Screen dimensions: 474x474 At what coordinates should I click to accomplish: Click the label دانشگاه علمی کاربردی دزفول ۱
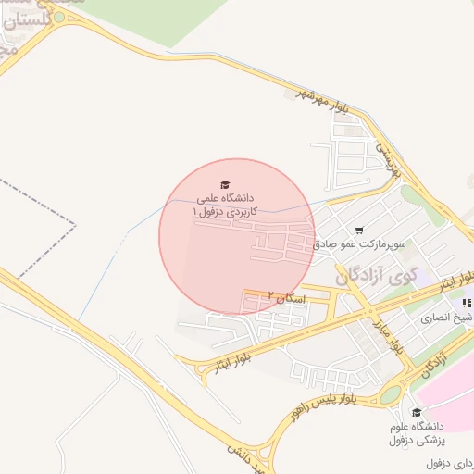(x=223, y=205)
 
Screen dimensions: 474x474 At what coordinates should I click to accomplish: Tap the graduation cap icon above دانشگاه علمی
(x=223, y=183)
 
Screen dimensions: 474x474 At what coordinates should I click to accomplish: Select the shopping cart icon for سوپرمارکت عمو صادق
(x=359, y=230)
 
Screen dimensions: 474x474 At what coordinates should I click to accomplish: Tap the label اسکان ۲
(x=285, y=296)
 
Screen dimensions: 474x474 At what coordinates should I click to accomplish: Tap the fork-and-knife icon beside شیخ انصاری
(x=466, y=303)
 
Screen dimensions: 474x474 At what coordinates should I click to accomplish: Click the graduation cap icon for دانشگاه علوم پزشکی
(x=417, y=413)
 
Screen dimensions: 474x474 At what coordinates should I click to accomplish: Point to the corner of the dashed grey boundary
(x=74, y=224)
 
